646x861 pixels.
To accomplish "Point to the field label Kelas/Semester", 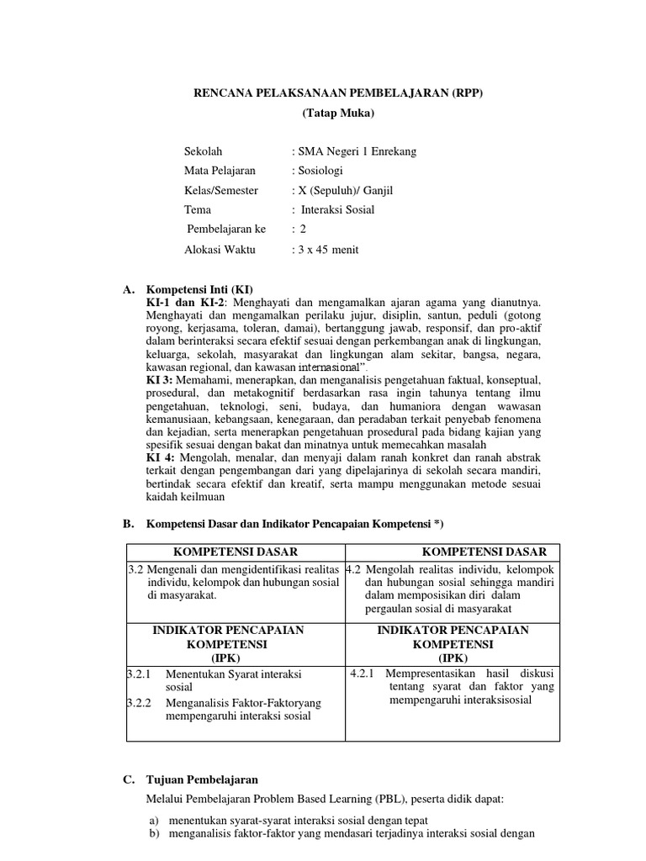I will [x=221, y=191].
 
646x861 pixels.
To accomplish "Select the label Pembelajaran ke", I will [x=225, y=230].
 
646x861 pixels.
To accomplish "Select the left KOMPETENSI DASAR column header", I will [x=236, y=552].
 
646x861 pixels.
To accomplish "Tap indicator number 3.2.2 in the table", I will [x=138, y=702].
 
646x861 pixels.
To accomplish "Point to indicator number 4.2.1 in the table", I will [x=364, y=673].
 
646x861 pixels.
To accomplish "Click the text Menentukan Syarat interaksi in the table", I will [x=234, y=674].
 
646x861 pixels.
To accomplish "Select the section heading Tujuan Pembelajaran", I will [x=202, y=779].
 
